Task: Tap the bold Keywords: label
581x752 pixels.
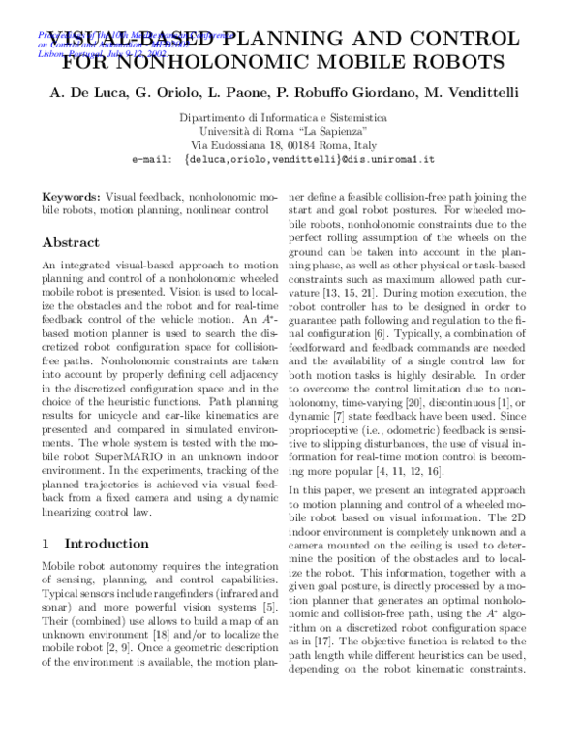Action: (x=72, y=196)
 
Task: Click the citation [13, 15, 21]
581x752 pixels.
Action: (x=352, y=291)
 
